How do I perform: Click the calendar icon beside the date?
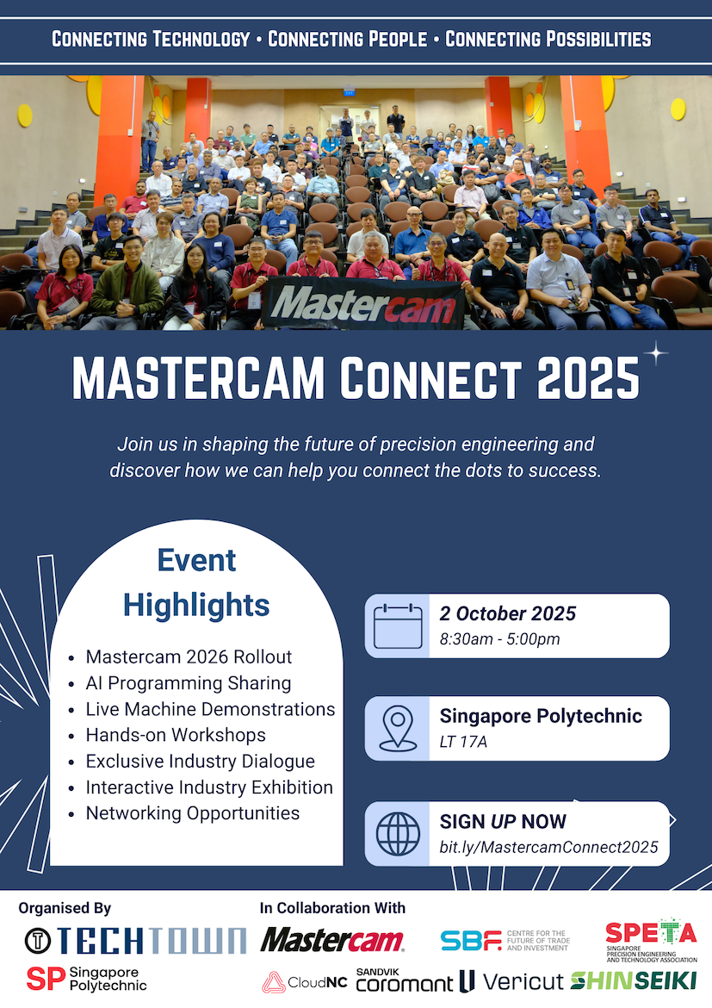(x=398, y=626)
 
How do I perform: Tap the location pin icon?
(x=398, y=728)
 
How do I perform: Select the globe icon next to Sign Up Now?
(x=398, y=834)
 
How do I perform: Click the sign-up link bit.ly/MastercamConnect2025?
(x=548, y=847)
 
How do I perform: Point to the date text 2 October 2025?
(x=508, y=613)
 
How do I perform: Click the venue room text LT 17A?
(x=463, y=742)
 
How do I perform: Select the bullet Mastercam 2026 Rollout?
(x=189, y=656)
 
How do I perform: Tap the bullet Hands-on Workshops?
(x=176, y=735)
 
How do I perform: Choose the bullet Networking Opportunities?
(x=193, y=813)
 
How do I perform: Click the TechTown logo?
(x=135, y=941)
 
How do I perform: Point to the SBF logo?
(x=505, y=941)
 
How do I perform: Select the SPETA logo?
(x=651, y=941)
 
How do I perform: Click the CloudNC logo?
(x=305, y=982)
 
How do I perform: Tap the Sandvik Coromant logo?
(x=404, y=980)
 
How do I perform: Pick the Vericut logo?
(x=511, y=981)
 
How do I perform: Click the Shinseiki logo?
(x=634, y=980)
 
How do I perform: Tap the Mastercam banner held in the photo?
(x=363, y=303)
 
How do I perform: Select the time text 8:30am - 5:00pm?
(x=500, y=639)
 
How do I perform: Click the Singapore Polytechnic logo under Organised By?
(x=87, y=979)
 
